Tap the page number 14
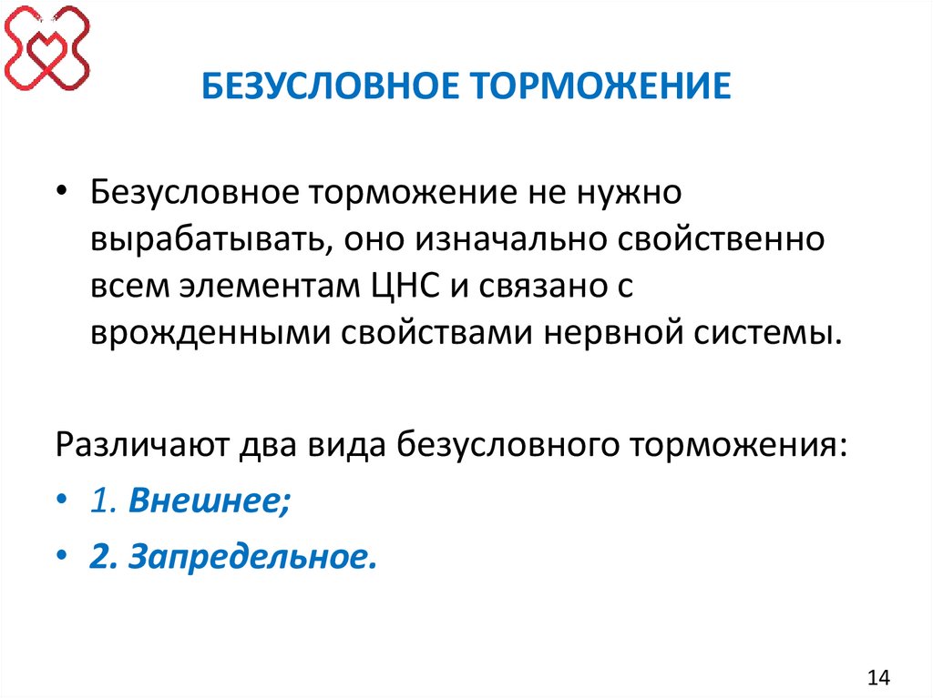pyautogui.click(x=879, y=677)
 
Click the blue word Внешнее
pyautogui.click(x=209, y=501)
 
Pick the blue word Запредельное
pyautogui.click(x=252, y=556)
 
